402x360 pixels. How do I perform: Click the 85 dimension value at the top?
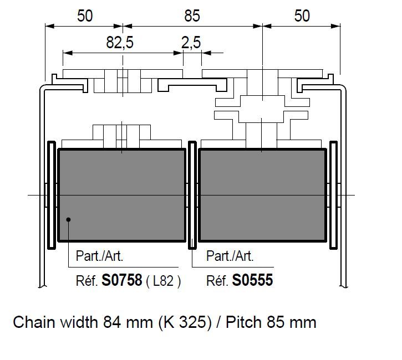coord(192,16)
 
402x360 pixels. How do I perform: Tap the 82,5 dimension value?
coord(120,43)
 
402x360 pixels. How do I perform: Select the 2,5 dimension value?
coord(191,43)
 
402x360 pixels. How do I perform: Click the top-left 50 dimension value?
coord(85,16)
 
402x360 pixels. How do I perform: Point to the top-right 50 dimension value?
coord(302,16)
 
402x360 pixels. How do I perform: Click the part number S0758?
coord(122,280)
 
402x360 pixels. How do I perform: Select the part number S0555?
coord(252,280)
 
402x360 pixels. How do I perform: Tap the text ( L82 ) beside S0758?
coord(164,281)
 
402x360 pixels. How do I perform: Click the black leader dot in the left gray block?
coord(68,219)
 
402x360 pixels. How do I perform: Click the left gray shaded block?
coord(122,195)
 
